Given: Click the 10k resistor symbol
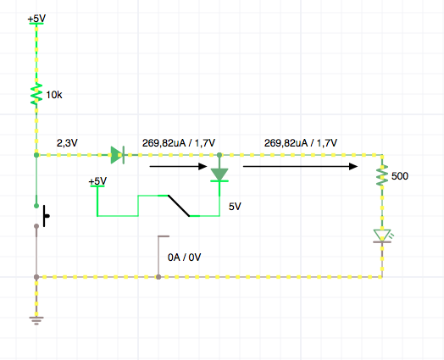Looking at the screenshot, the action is coord(36,94).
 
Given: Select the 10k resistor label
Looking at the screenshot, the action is coord(54,95).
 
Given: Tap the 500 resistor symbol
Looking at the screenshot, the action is coord(382,175).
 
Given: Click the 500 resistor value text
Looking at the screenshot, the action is coord(400,176).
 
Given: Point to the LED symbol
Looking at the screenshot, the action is coord(382,236).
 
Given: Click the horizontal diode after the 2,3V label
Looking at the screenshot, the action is coord(118,155).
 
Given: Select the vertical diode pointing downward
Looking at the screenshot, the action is coord(219,174).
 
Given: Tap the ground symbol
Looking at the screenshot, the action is coord(36,321).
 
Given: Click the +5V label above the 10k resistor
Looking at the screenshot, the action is coord(36,19).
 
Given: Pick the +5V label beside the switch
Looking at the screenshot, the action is coord(97,181).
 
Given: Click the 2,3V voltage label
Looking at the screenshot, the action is coord(67,143).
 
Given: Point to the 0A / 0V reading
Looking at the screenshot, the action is coord(185,258).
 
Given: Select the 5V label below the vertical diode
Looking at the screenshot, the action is coord(235,207).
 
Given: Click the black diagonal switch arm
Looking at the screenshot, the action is coord(179,206).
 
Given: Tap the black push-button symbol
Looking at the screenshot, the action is coord(46,216).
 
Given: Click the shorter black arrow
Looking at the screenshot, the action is coord(179,166).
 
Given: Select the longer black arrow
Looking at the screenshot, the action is coord(301,166).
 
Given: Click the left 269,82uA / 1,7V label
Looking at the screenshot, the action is coord(179,143).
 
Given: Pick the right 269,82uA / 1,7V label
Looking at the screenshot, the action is coord(301,143).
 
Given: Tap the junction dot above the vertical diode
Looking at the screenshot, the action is coord(219,155).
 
